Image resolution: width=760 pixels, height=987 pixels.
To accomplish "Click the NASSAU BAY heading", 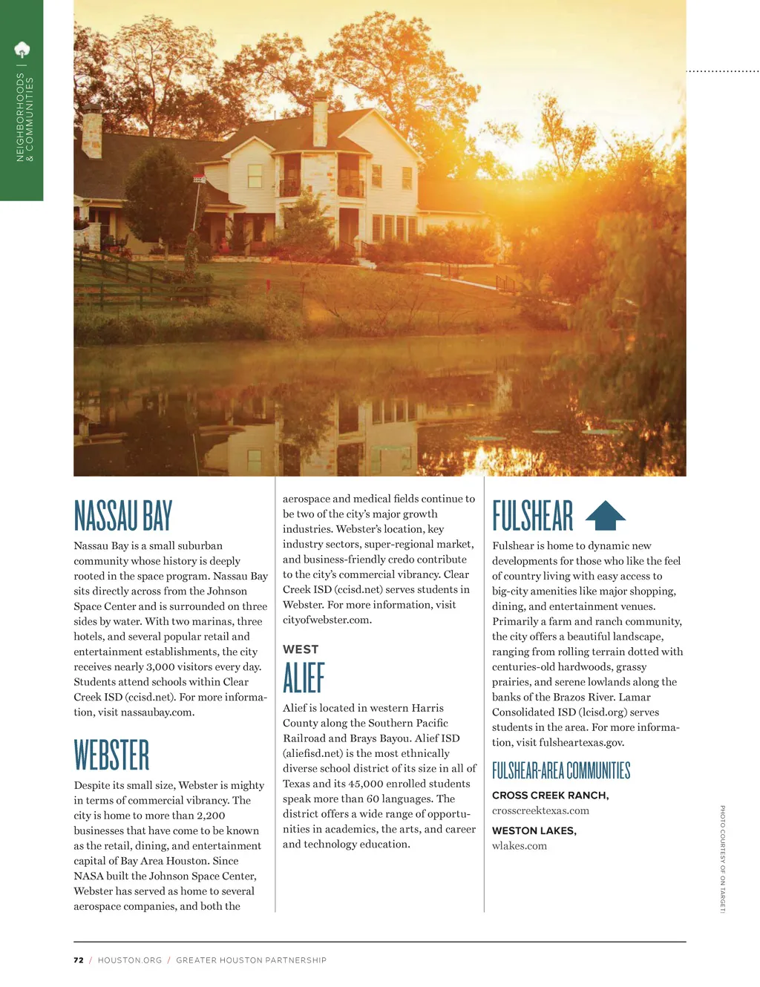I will tap(122, 516).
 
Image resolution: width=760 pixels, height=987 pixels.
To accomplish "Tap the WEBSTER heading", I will tap(111, 755).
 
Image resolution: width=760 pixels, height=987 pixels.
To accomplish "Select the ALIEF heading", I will tap(304, 678).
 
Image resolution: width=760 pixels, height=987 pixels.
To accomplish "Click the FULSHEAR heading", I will tap(532, 516).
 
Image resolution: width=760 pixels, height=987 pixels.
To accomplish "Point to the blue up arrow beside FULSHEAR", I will tap(606, 515).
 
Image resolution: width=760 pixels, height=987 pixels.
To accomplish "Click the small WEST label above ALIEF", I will tap(301, 649).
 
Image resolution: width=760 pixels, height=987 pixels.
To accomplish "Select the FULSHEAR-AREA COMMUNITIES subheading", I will tap(561, 771).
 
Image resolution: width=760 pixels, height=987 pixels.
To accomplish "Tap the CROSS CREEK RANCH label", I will tap(550, 796).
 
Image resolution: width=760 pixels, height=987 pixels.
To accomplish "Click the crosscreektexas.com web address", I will tap(540, 810).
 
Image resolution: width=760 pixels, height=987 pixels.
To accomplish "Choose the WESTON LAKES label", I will tap(534, 830).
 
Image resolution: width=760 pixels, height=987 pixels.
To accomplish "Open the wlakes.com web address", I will tap(520, 846).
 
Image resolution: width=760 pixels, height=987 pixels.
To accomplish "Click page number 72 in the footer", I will tap(79, 960).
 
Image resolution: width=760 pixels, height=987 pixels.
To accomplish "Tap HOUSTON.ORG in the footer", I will tap(130, 960).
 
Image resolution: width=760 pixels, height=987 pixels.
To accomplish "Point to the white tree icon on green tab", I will tap(22, 50).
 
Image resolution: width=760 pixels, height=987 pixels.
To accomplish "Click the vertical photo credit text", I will tap(722, 859).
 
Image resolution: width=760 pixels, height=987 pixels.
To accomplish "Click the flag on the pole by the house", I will tap(199, 179).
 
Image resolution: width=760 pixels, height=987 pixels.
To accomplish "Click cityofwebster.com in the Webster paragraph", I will tap(327, 620).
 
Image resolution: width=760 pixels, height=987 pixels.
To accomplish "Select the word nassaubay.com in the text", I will tap(157, 712).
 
